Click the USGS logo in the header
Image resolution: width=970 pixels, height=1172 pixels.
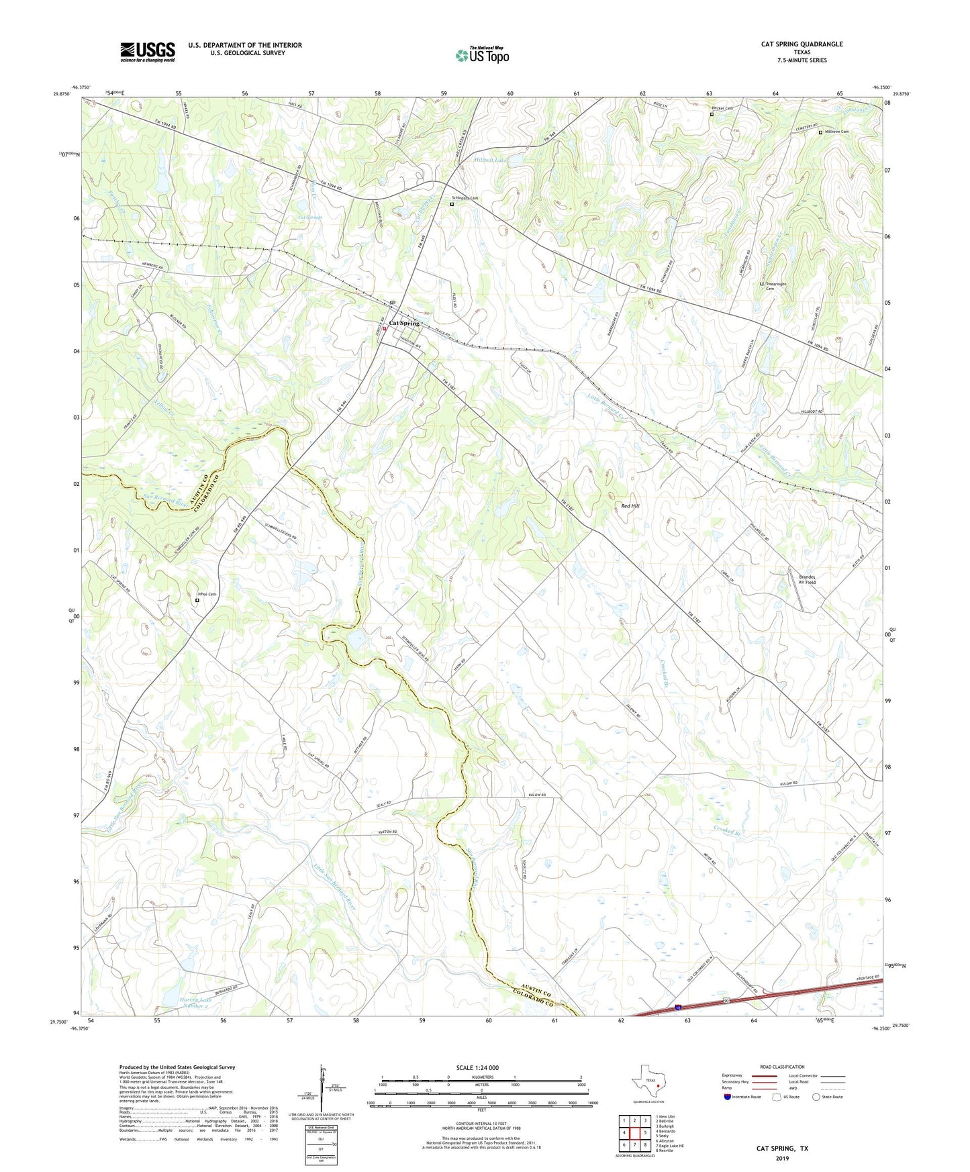[x=148, y=52]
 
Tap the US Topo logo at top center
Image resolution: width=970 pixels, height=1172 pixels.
[x=482, y=55]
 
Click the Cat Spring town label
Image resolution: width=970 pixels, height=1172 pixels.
[x=404, y=324]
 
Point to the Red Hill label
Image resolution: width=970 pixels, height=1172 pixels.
[x=630, y=505]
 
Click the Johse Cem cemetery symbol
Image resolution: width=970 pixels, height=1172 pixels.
[x=197, y=601]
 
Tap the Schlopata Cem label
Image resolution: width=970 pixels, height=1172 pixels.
[x=465, y=199]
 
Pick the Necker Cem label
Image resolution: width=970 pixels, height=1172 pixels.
[x=722, y=108]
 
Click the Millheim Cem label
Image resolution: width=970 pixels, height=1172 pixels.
[x=836, y=132]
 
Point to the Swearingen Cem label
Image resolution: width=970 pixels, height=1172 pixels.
[x=776, y=286]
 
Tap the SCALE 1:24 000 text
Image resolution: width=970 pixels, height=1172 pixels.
[x=477, y=1068]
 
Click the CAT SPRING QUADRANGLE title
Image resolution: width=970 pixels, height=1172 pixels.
[x=802, y=44]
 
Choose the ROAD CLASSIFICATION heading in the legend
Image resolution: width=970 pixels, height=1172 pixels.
[x=782, y=1067]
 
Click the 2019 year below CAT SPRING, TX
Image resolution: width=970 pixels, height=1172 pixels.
[x=782, y=1159]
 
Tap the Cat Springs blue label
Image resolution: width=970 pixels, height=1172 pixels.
[x=309, y=217]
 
